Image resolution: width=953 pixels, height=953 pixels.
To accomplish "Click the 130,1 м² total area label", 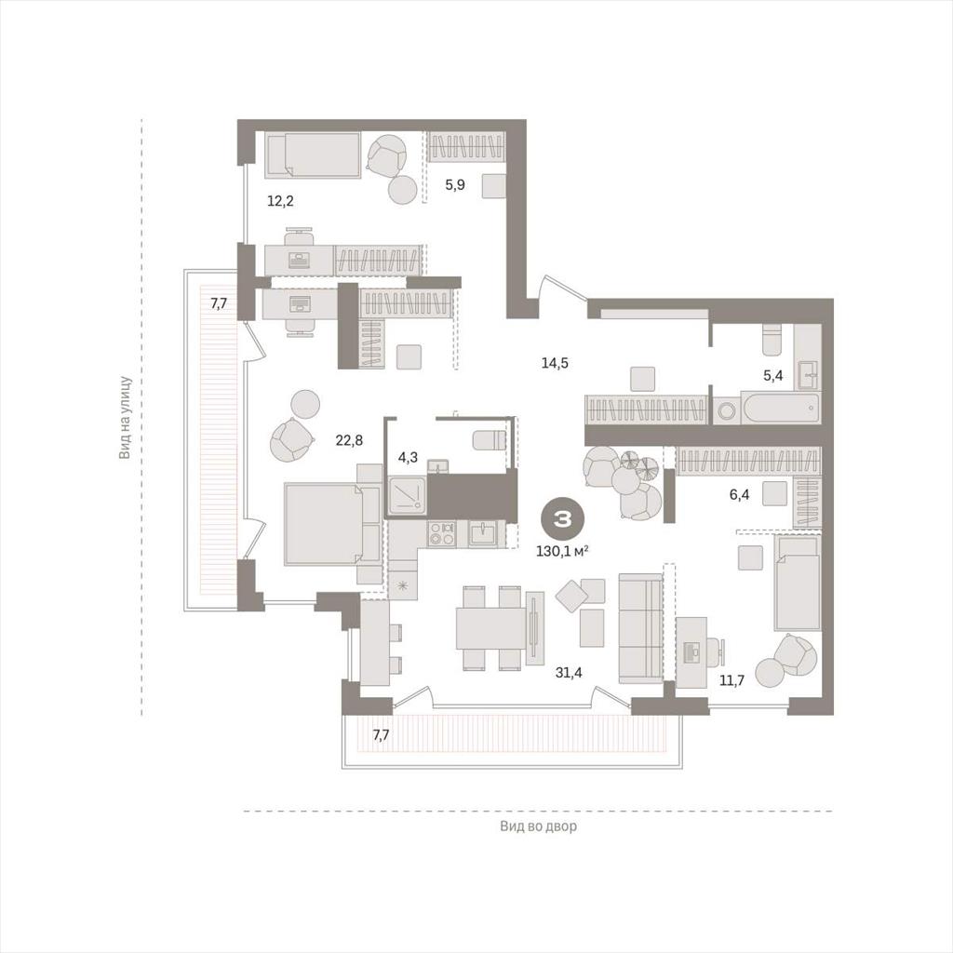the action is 562,551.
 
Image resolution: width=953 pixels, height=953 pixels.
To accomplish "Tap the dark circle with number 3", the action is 562,518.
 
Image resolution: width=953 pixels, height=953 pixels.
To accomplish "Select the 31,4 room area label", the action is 569,672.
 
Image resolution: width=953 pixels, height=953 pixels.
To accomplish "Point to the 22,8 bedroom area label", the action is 349,439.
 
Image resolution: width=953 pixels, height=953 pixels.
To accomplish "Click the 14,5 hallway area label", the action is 555,364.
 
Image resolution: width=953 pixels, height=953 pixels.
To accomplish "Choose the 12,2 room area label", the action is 280,201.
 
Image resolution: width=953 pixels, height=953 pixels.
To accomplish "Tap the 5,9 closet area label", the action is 455,185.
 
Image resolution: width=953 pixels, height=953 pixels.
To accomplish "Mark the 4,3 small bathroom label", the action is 408,457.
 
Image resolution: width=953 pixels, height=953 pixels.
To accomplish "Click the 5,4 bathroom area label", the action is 773,376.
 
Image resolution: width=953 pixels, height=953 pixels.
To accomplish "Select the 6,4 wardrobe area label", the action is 739,495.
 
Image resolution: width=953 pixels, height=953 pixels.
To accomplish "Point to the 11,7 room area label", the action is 732,680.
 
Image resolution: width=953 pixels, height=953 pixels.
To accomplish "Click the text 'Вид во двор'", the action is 539,826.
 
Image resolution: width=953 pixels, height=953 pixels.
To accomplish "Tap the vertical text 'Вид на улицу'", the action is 126,417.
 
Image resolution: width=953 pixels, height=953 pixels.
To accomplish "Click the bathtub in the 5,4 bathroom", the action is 780,409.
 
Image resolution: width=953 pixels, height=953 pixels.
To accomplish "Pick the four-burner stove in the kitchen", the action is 441,533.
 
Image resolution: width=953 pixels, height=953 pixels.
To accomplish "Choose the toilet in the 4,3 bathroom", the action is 490,439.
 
